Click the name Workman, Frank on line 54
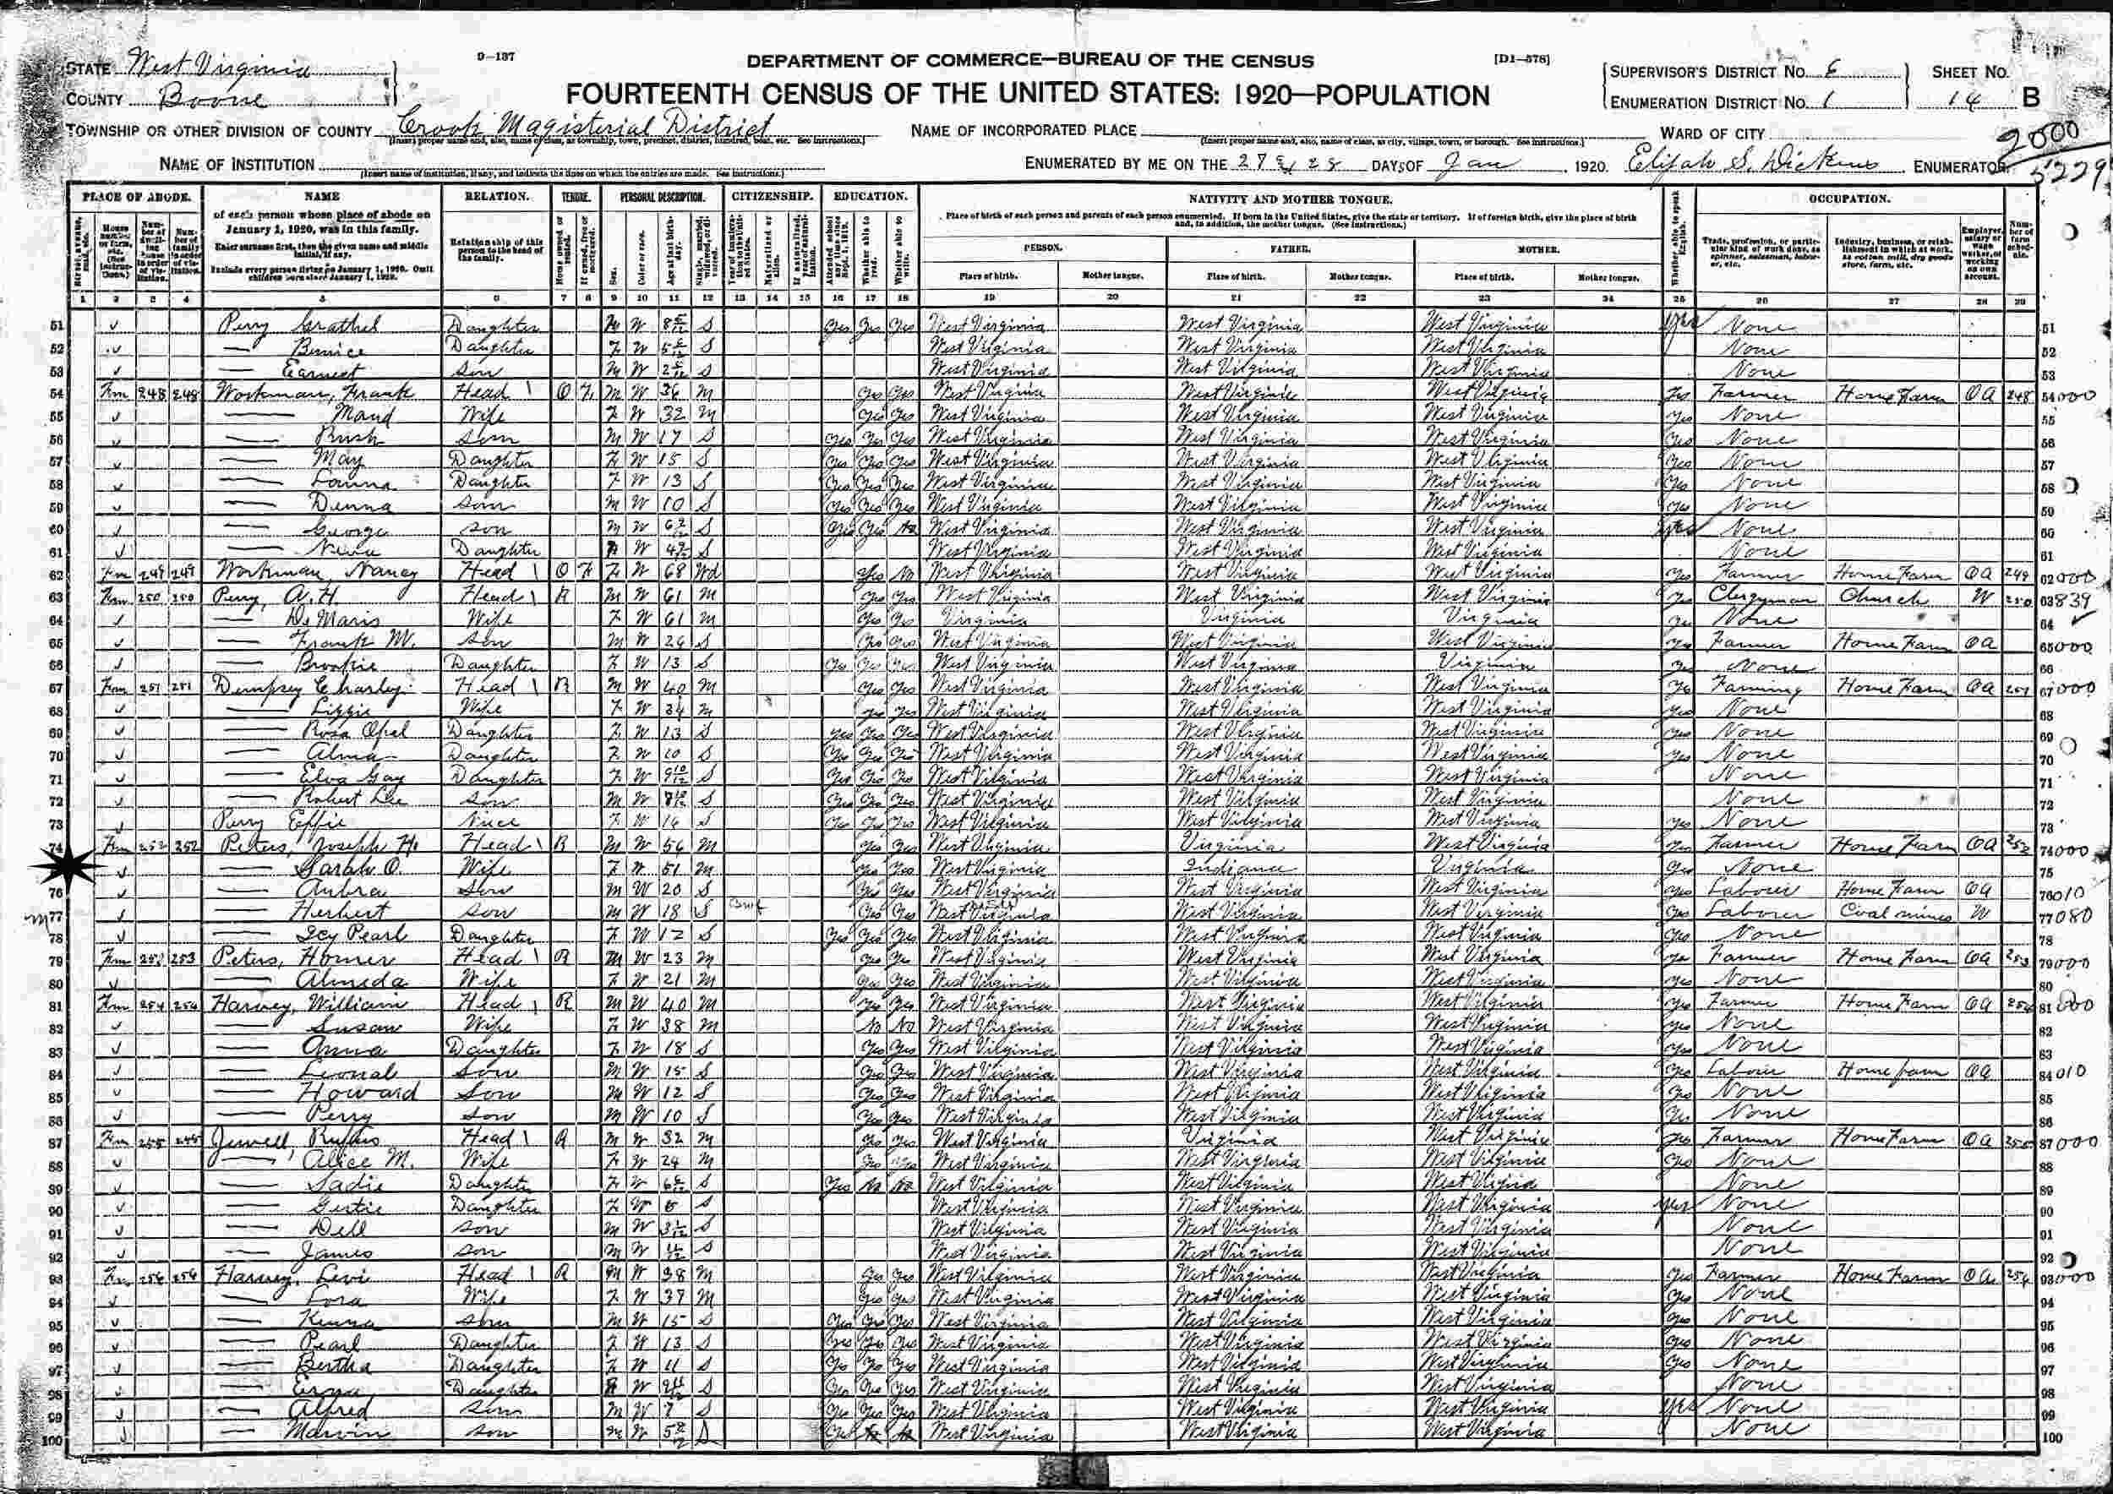[317, 392]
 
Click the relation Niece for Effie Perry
[494, 822]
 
